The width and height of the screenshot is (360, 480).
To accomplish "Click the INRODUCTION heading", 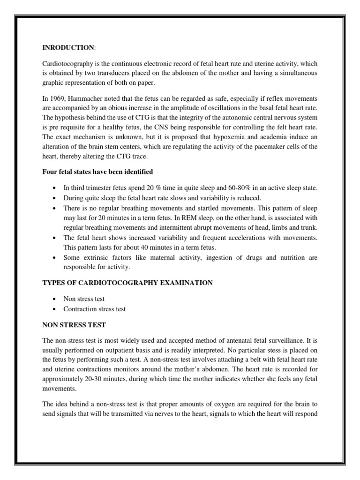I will click(x=62, y=47).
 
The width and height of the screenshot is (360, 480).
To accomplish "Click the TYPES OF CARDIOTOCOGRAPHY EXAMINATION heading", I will click(x=127, y=283).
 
